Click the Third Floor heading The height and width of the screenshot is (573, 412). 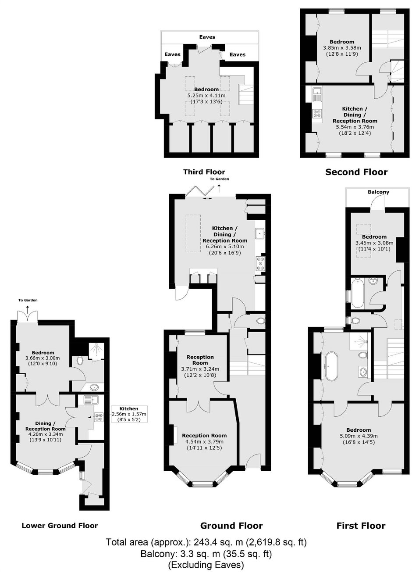204,172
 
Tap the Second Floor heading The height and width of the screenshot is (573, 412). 356,172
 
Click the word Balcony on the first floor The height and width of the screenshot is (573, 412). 378,192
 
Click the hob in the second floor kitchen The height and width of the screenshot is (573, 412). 317,113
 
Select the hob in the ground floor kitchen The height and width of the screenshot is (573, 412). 260,264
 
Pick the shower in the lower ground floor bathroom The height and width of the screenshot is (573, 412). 97,352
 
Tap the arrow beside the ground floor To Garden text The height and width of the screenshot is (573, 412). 219,189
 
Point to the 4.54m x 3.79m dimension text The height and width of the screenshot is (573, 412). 204,441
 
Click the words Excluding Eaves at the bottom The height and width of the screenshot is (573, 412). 206,564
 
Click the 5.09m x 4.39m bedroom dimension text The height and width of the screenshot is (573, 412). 359,436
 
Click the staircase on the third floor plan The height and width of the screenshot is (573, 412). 246,94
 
